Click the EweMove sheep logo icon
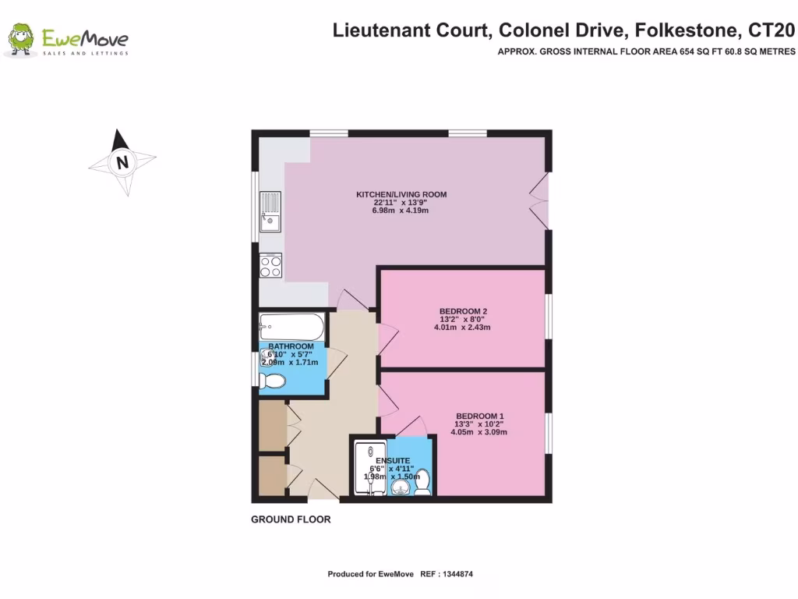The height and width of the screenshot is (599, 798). click(x=22, y=40)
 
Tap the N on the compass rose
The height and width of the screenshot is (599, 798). click(x=122, y=163)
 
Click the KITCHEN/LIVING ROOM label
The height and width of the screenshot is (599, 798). click(x=401, y=194)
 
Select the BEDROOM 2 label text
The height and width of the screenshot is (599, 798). click(x=463, y=311)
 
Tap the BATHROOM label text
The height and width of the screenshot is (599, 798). click(x=291, y=346)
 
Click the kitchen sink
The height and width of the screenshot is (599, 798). click(x=270, y=212)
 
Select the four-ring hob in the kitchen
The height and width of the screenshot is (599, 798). click(x=270, y=266)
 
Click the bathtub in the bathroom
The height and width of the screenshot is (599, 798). click(x=291, y=324)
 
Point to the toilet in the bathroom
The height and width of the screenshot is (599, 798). click(x=272, y=381)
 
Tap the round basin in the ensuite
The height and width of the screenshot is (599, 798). click(x=400, y=488)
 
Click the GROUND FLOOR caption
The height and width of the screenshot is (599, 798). click(x=291, y=519)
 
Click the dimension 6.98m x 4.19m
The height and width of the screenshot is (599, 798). click(x=401, y=211)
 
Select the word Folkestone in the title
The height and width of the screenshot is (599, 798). click(x=687, y=31)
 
